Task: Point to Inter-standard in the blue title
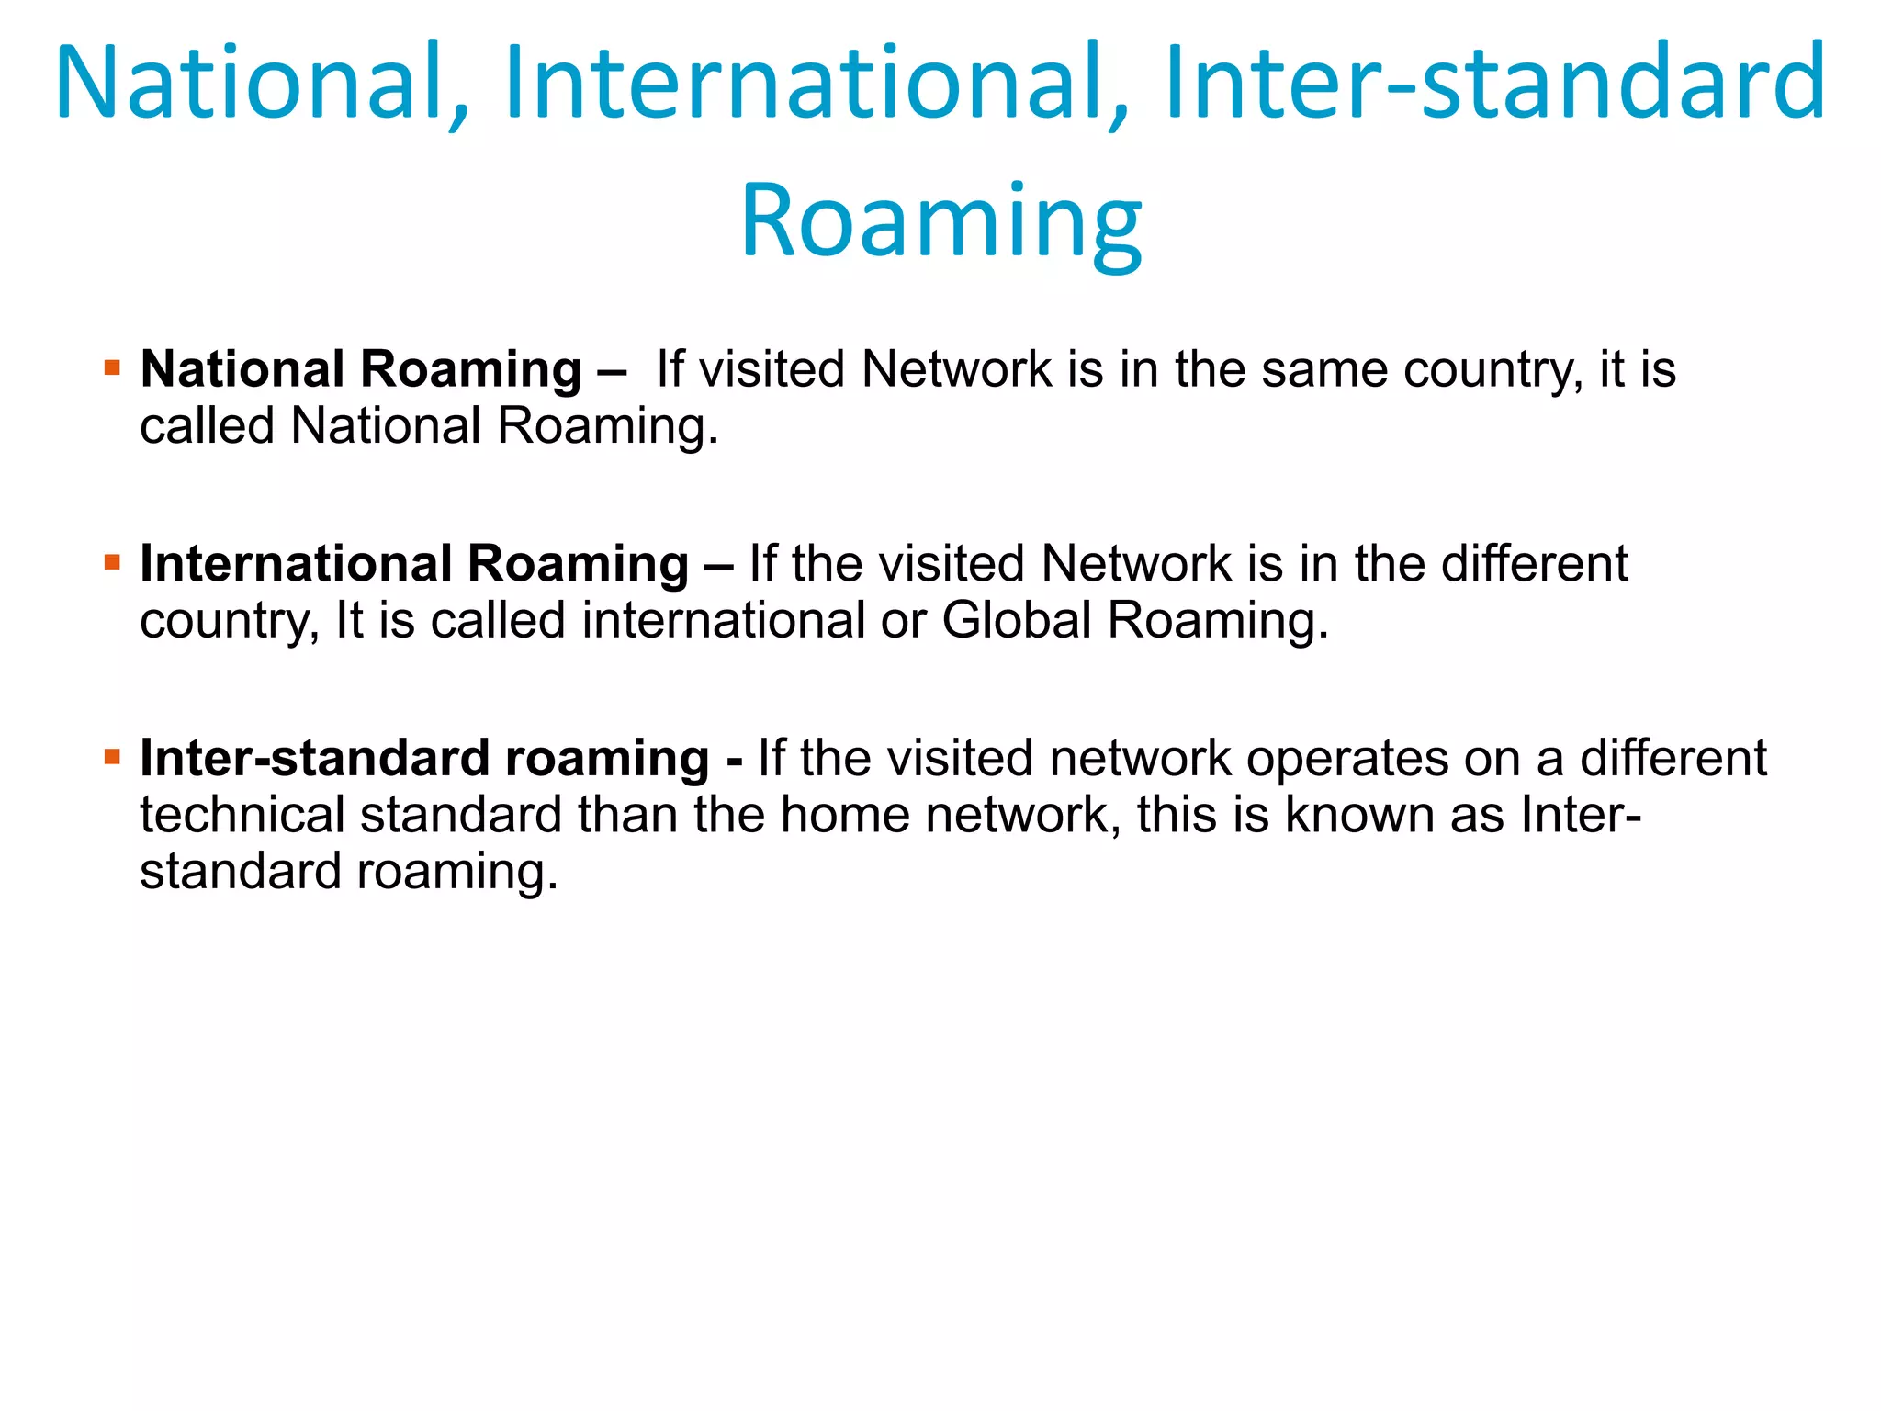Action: tap(1495, 83)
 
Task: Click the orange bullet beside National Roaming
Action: tap(113, 369)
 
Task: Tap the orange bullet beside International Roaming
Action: tap(113, 563)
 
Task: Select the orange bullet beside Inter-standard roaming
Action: tap(113, 758)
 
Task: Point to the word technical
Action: tap(242, 815)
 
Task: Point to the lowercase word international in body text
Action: tap(724, 620)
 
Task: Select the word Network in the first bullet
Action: tap(956, 370)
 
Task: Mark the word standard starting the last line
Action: tap(241, 871)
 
